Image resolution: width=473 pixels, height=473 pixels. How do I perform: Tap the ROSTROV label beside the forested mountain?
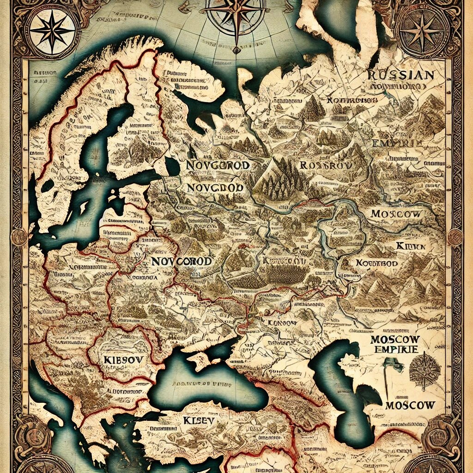coord(326,165)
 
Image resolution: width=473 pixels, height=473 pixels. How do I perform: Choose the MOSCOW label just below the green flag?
coord(410,405)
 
